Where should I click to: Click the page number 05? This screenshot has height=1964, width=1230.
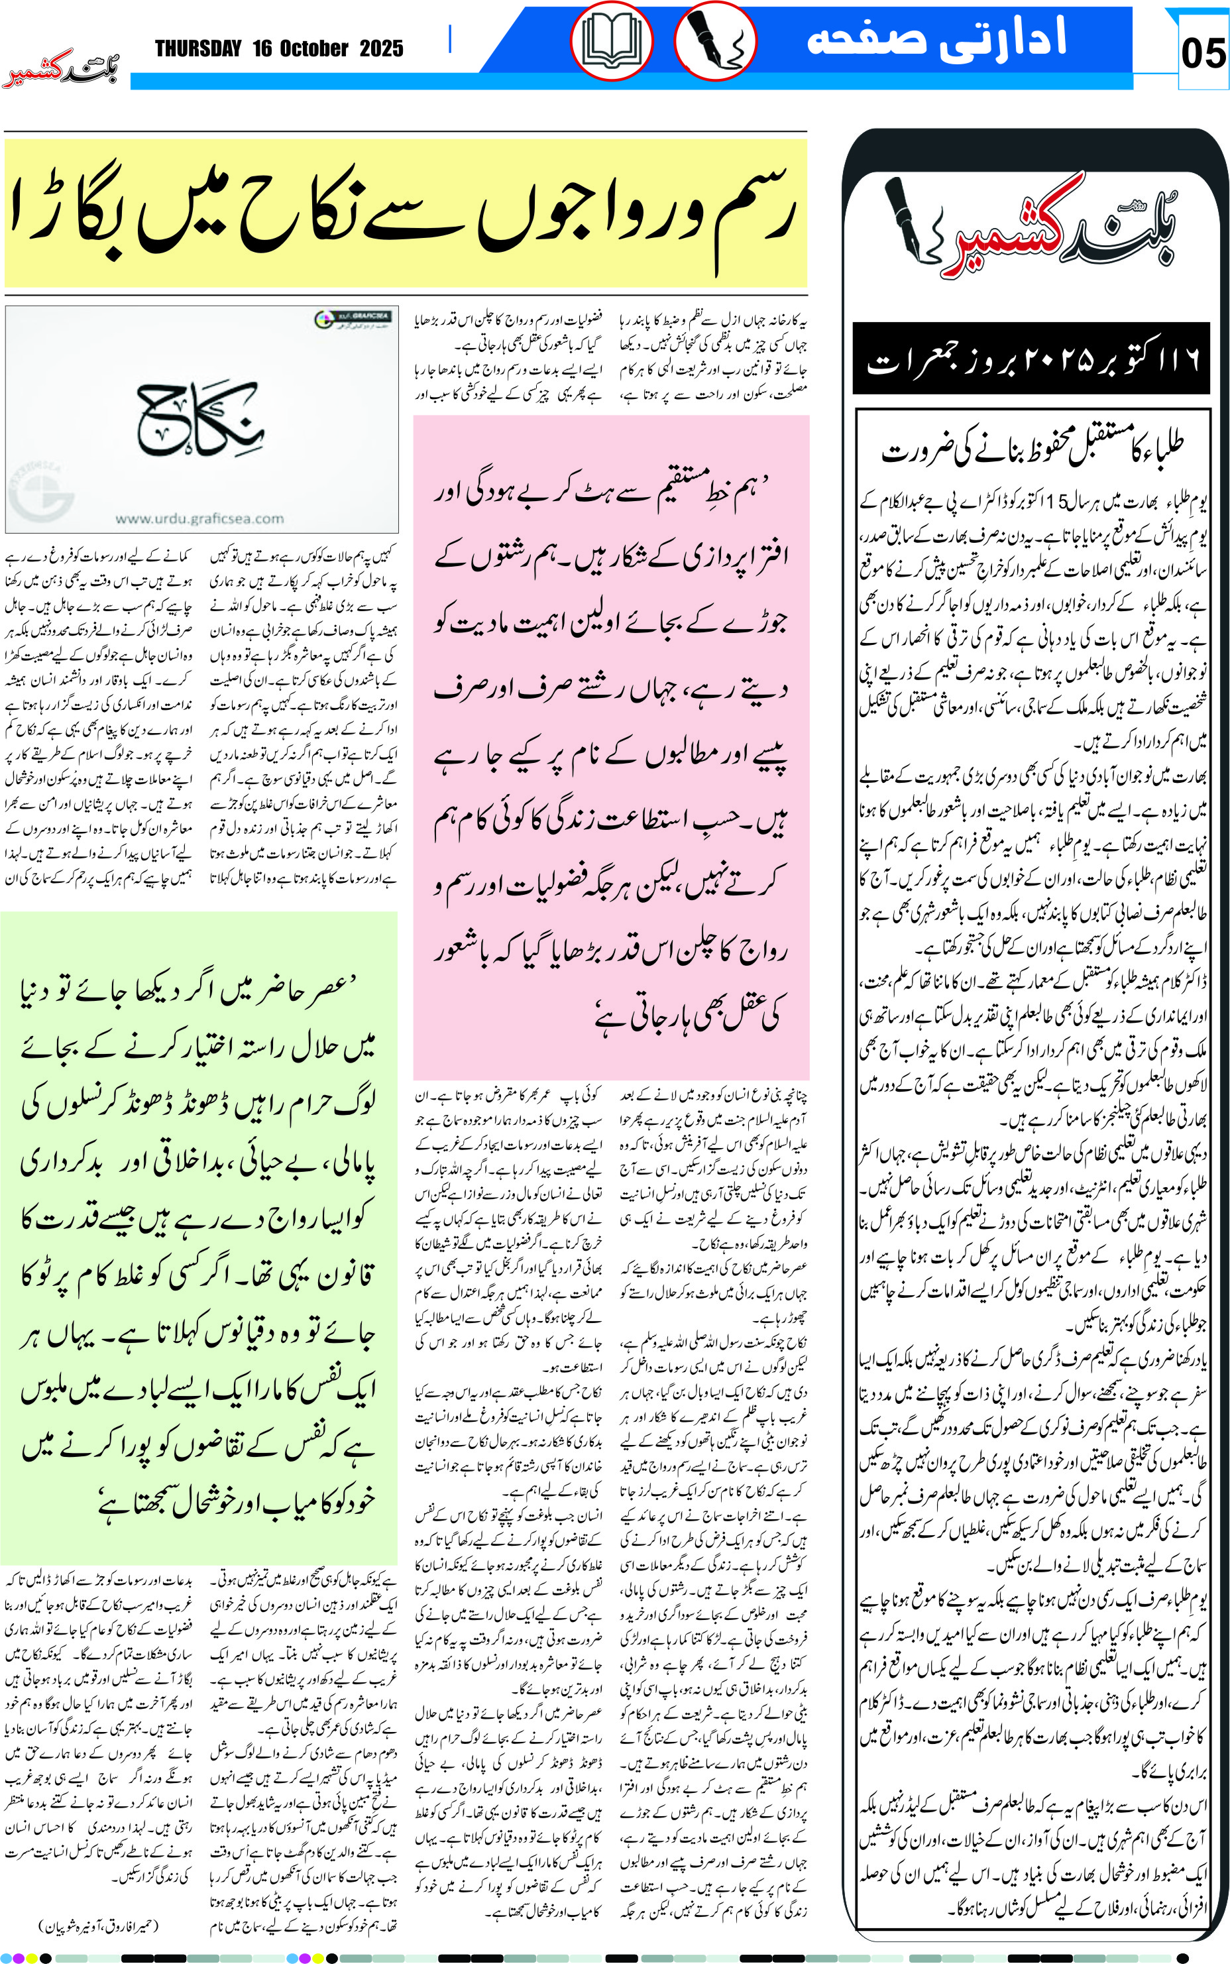1202,54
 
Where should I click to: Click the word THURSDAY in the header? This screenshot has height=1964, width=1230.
199,49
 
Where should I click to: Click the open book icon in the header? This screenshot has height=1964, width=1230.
611,42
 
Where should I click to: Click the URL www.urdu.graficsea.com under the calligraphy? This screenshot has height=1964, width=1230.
199,518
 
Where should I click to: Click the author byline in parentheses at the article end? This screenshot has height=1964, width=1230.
99,1925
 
